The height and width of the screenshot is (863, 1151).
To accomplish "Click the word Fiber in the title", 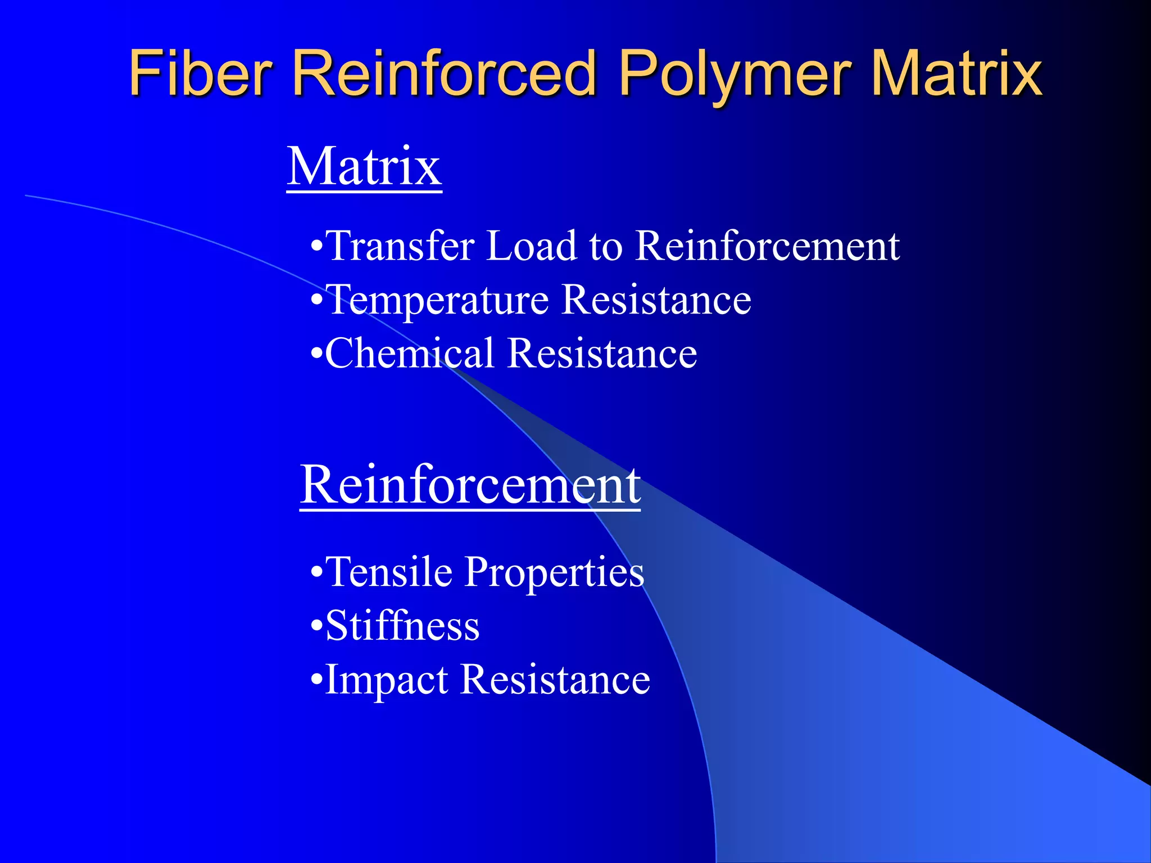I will click(x=200, y=73).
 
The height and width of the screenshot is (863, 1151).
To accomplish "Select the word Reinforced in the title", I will click(x=444, y=73).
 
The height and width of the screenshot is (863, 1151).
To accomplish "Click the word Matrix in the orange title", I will click(x=955, y=73).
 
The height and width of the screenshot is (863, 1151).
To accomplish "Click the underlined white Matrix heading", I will click(x=364, y=167).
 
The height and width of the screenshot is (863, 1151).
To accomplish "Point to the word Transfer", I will click(x=400, y=246).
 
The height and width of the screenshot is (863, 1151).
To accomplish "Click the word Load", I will click(x=531, y=246).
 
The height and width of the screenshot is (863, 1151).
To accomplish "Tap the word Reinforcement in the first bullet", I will click(x=767, y=246).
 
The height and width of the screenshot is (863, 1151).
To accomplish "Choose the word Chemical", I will click(x=410, y=353).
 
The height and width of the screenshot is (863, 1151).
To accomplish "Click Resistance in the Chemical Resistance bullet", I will click(x=602, y=353).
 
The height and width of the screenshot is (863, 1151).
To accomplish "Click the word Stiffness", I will click(x=402, y=626).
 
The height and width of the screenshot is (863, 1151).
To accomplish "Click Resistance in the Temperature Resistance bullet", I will click(x=656, y=299).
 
